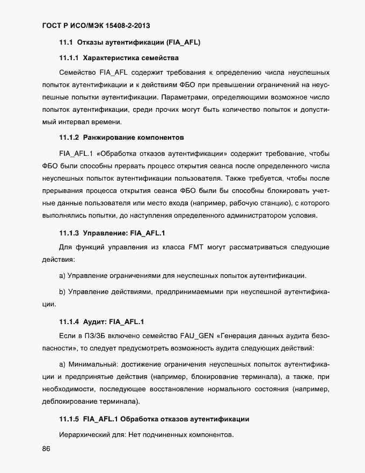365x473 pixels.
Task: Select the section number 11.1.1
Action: point(69,57)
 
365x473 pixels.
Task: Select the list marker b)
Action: point(62,291)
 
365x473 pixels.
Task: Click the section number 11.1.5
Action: point(69,419)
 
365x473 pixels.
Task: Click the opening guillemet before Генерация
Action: point(217,336)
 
